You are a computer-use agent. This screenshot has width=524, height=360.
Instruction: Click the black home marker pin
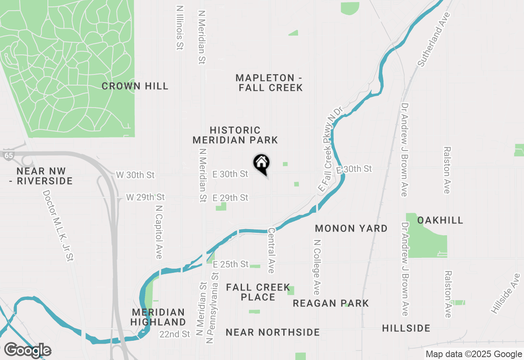[262, 164]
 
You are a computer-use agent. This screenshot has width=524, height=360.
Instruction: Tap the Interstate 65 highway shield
[7, 155]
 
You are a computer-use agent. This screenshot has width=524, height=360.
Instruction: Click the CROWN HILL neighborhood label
[135, 86]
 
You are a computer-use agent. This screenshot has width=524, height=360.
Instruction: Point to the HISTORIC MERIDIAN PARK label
[235, 135]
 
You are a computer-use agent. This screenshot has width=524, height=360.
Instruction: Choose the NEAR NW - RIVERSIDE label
[45, 176]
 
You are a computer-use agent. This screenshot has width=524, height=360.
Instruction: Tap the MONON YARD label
[351, 228]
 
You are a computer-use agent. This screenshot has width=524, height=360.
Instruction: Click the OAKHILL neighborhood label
[440, 220]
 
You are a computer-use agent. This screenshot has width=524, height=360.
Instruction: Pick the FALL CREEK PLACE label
[258, 292]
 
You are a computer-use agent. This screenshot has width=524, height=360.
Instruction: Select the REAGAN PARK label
[331, 303]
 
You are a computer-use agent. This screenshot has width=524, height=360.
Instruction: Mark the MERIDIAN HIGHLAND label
[158, 317]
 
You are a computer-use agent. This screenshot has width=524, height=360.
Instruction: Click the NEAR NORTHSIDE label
[273, 332]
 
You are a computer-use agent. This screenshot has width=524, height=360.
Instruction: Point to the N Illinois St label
[179, 27]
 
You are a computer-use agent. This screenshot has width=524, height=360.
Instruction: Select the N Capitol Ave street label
[159, 231]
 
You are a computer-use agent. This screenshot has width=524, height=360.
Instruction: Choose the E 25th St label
[230, 264]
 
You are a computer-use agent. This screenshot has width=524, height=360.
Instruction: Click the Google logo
[27, 351]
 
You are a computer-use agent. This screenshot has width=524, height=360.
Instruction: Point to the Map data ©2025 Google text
[473, 354]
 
